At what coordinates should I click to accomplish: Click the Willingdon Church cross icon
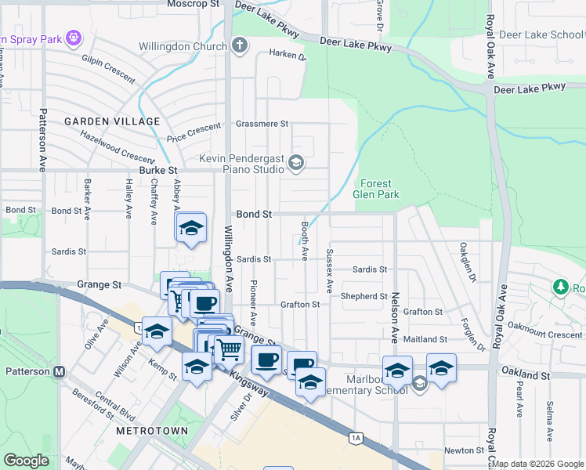(x=240, y=45)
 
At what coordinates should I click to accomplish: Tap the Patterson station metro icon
(x=59, y=372)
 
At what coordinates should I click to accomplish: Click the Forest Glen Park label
(x=376, y=189)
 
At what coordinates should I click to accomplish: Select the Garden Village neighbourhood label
(x=112, y=121)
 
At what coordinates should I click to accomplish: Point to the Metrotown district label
(x=152, y=432)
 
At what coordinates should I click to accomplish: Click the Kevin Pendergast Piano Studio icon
(x=295, y=163)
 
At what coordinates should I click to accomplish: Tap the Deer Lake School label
(x=541, y=35)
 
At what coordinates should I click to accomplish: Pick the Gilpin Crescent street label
(x=108, y=58)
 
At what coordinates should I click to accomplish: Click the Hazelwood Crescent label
(x=118, y=146)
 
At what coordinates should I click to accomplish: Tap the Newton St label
(x=465, y=450)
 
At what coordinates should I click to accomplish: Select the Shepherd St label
(x=364, y=297)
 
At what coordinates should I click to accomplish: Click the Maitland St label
(x=425, y=340)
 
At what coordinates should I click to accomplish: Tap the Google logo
(x=27, y=460)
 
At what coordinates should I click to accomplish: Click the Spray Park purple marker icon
(x=74, y=37)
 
